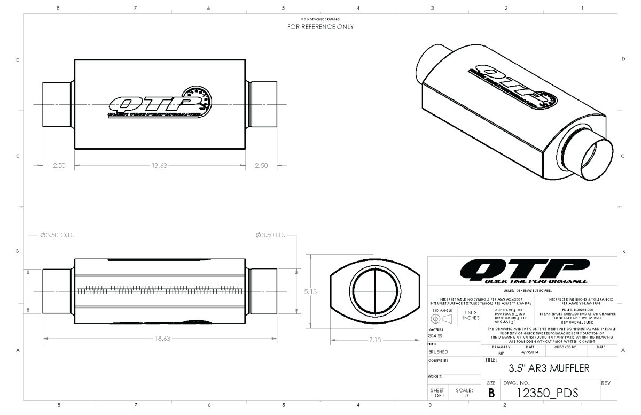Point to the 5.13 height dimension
click(310, 292)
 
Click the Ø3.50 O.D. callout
click(57, 235)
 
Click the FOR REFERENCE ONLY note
click(320, 26)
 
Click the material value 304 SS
click(436, 336)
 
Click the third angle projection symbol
click(442, 317)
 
